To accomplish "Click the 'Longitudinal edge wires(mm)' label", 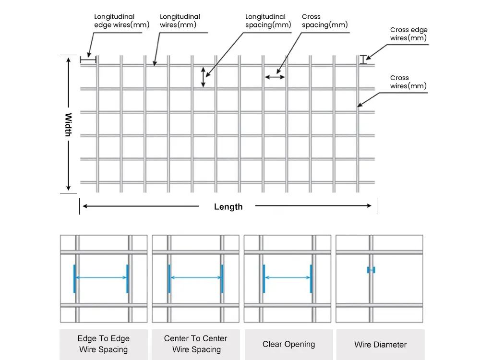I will [x=121, y=21].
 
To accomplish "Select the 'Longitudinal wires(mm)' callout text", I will [x=180, y=21].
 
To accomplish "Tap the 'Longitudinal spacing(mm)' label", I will [x=268, y=21].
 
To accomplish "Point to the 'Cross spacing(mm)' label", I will [x=324, y=21].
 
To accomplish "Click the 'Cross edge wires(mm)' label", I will [x=408, y=34].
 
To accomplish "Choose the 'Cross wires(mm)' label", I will [x=408, y=82].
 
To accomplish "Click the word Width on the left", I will [x=68, y=124].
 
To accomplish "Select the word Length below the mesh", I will [x=228, y=207].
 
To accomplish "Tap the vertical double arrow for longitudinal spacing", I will [x=203, y=77].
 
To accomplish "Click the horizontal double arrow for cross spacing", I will [x=275, y=76].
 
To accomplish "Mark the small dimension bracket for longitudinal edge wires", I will [x=88, y=59].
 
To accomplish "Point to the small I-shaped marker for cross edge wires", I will [x=363, y=59].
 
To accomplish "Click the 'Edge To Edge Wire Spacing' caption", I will [x=103, y=344].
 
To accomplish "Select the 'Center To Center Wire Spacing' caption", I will [x=195, y=344].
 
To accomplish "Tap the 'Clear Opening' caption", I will [x=288, y=344].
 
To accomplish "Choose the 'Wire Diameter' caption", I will [x=380, y=345].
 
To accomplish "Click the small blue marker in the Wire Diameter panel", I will [x=371, y=270].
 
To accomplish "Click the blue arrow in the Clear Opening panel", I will [x=288, y=277].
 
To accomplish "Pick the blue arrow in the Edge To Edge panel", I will [x=101, y=277].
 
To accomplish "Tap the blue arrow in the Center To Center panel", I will [x=195, y=277].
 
